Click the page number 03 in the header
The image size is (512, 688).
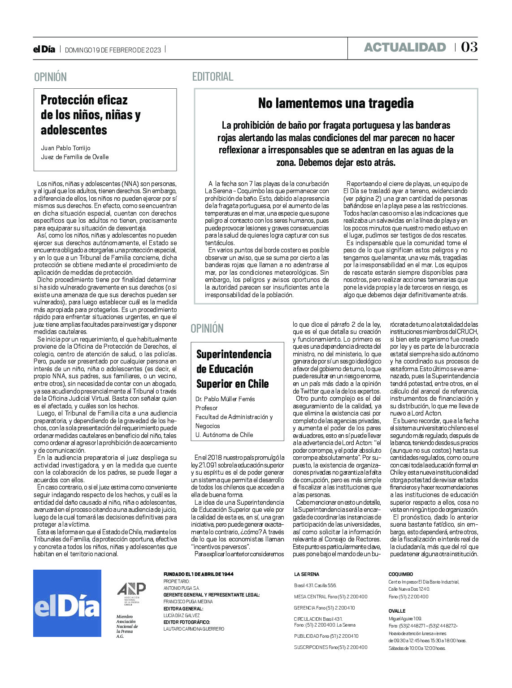click(469, 47)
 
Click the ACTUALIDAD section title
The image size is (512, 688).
click(404, 48)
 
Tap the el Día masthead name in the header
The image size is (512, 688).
click(44, 50)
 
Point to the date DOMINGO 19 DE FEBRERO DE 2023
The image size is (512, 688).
click(113, 50)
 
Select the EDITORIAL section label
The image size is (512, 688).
click(213, 77)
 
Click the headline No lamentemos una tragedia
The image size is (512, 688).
click(335, 104)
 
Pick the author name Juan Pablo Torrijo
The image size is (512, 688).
click(65, 148)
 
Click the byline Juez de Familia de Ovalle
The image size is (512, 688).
click(75, 157)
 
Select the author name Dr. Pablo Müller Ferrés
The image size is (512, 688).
click(225, 399)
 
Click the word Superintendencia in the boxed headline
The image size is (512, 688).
click(234, 354)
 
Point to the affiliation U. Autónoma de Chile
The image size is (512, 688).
click(224, 435)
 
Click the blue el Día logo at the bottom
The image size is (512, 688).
click(67, 603)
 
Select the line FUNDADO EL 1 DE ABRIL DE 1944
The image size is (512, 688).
click(198, 574)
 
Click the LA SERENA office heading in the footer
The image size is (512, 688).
click(307, 574)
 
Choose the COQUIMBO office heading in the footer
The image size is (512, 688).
click(400, 574)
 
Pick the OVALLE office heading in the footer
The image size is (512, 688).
click(397, 611)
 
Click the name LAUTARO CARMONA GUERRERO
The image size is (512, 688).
click(194, 629)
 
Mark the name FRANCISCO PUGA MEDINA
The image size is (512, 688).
click(188, 602)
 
